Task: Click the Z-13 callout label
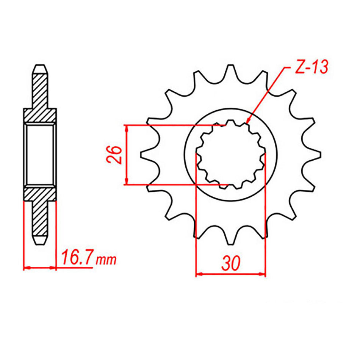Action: click(311, 67)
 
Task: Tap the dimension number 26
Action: click(114, 155)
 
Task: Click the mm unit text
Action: click(106, 260)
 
